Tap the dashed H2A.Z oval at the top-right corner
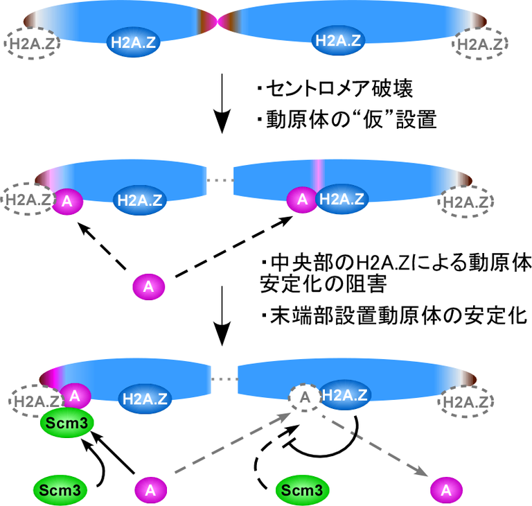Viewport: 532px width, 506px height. pos(481,44)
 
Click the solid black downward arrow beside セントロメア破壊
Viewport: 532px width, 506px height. pos(222,105)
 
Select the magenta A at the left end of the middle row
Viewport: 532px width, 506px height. pos(67,201)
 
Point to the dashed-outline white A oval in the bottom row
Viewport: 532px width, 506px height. pos(303,397)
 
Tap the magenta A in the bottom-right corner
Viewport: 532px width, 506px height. pos(447,490)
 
